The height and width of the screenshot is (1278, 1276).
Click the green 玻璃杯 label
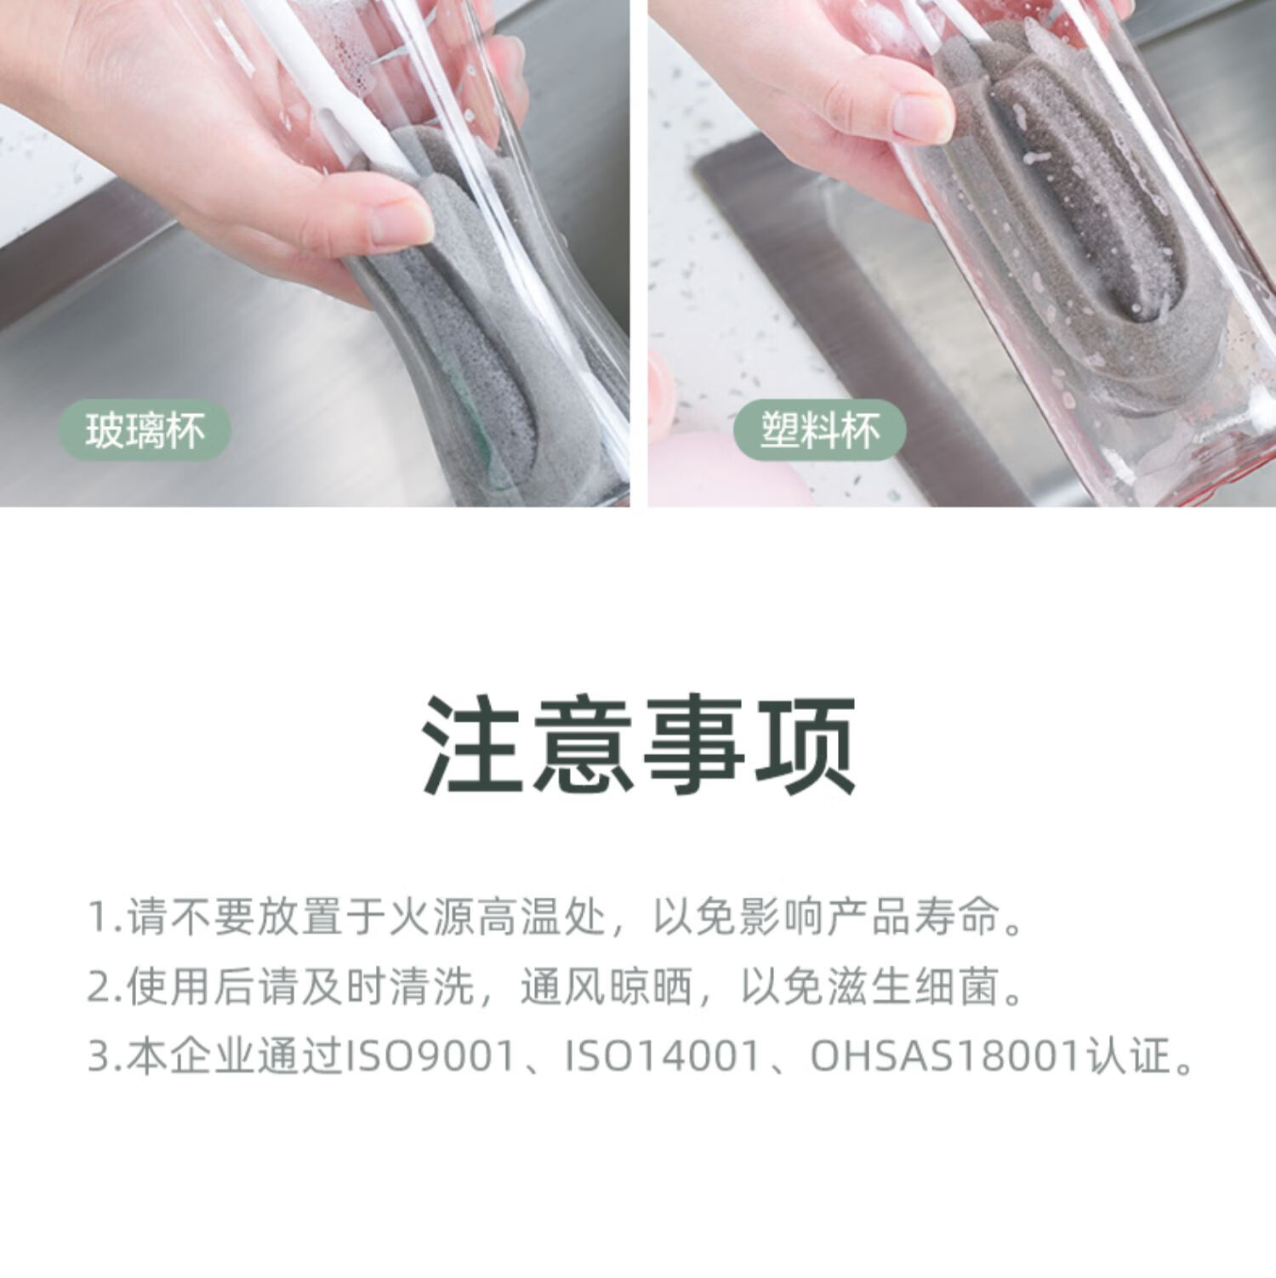click(145, 430)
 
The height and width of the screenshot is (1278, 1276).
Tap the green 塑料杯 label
click(820, 430)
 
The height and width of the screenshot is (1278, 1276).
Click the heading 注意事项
click(639, 745)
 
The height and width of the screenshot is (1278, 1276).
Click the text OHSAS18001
click(945, 1056)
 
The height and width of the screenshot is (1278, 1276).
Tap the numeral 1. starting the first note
click(106, 917)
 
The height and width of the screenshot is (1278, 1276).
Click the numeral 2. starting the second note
click(106, 987)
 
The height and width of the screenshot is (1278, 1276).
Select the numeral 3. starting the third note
click(106, 1057)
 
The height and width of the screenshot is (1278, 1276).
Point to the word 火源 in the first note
click(430, 917)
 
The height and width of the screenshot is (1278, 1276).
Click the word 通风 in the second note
click(562, 986)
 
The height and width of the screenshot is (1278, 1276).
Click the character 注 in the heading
click(473, 745)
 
